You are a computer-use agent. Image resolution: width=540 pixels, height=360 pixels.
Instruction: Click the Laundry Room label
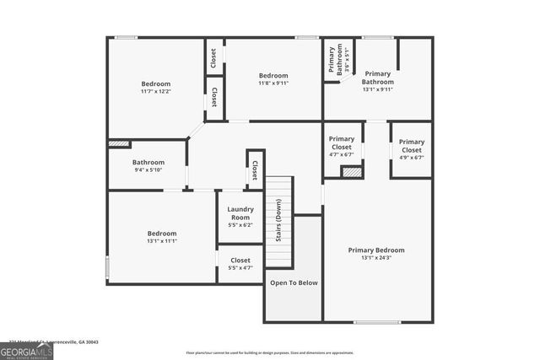click(240, 212)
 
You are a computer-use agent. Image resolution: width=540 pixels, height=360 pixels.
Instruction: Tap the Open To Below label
click(294, 282)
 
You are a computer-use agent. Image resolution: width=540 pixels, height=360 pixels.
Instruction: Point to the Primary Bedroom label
click(376, 250)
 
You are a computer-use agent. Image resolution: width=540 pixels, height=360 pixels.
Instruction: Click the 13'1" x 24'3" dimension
click(376, 258)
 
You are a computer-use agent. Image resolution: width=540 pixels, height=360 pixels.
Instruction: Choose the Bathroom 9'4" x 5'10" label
click(148, 165)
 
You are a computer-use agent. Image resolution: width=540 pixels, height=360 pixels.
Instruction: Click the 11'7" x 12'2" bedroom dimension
click(155, 91)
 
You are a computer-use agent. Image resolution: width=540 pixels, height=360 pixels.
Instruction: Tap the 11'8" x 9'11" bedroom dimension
click(273, 83)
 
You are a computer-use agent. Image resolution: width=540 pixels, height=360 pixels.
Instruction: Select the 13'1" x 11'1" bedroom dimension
click(162, 240)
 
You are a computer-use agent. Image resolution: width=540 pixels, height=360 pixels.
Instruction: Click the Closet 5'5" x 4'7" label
click(240, 264)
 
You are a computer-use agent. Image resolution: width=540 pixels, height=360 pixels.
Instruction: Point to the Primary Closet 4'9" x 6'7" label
click(412, 149)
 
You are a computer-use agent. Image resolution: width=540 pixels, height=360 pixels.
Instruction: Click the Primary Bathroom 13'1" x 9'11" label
click(378, 81)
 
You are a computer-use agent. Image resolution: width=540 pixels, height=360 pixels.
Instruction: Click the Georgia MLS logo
click(26, 348)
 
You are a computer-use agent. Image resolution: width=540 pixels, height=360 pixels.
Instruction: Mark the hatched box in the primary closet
click(351, 172)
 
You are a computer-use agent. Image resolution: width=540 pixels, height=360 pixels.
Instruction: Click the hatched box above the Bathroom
click(119, 144)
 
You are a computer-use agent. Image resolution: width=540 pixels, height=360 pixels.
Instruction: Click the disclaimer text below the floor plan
click(270, 352)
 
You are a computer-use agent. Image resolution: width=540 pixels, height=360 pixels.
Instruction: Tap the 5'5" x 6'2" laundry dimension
click(240, 225)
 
